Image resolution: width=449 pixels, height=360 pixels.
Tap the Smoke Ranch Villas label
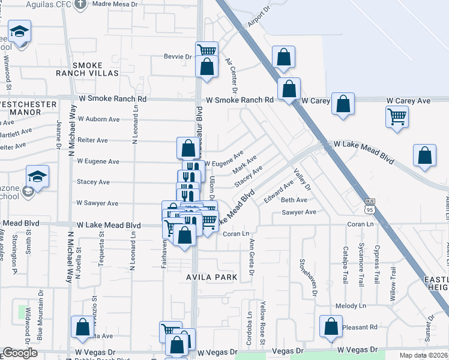click(x=95, y=69)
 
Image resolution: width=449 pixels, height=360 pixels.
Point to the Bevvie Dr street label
click(x=177, y=57)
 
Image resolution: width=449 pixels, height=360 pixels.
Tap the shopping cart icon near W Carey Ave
click(x=397, y=118)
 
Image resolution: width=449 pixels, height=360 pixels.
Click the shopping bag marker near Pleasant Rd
click(x=331, y=327)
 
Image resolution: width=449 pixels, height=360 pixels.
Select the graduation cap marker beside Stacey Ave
click(x=38, y=178)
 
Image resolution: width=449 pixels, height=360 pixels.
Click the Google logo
click(x=20, y=353)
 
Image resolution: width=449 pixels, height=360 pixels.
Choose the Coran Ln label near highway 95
click(x=360, y=224)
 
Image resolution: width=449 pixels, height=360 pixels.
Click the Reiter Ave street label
click(x=92, y=140)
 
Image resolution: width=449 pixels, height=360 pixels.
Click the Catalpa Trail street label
click(x=345, y=266)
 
